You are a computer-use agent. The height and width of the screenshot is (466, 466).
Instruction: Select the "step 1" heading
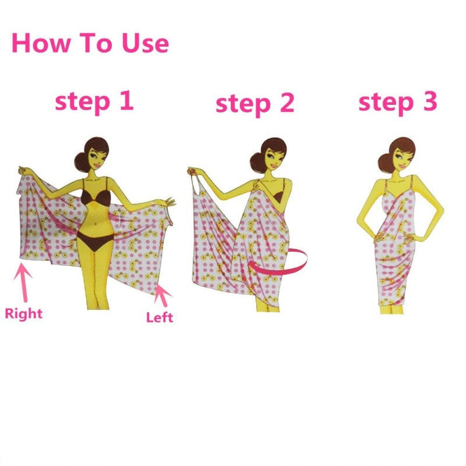pyautogui.click(x=94, y=101)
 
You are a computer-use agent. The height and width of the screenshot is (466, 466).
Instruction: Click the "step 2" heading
pyautogui.click(x=255, y=104)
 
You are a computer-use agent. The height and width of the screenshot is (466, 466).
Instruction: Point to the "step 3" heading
pyautogui.click(x=397, y=102)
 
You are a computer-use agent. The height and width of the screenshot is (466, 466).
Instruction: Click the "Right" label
pyautogui.click(x=24, y=313)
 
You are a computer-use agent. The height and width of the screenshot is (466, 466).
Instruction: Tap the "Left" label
pyautogui.click(x=159, y=317)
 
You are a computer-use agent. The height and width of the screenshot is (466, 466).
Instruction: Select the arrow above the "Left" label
pyautogui.click(x=164, y=294)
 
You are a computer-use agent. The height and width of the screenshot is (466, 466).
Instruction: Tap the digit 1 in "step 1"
pyautogui.click(x=125, y=100)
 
